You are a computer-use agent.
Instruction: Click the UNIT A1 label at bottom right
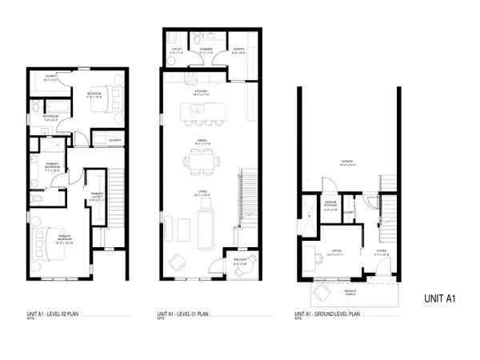439,299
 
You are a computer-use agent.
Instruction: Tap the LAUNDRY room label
113,142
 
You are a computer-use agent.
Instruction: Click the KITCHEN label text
201,92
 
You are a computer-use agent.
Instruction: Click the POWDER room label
201,49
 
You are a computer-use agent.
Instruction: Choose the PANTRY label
238,49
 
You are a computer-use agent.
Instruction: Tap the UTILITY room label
178,49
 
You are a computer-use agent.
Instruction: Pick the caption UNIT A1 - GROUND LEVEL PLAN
326,313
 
